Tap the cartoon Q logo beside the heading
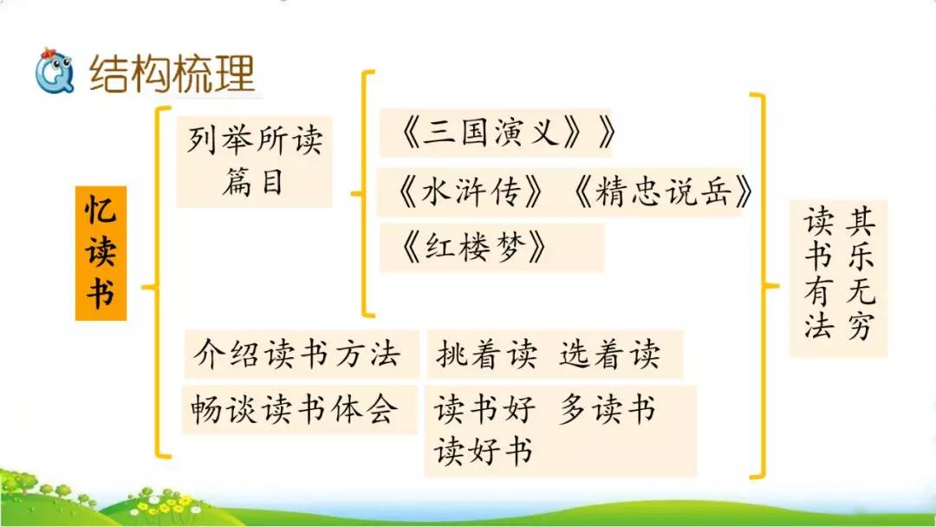tap(54, 73)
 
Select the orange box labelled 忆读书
tap(101, 253)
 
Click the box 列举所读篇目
tap(254, 162)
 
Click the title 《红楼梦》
tap(476, 249)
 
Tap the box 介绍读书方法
tap(297, 354)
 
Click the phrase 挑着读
tap(487, 355)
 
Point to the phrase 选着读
tap(609, 355)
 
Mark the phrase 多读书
tap(608, 408)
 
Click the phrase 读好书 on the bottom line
tap(484, 452)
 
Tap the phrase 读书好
tap(485, 408)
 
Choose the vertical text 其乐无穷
tap(861, 276)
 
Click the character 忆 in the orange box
tap(101, 211)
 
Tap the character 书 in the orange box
tap(101, 294)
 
